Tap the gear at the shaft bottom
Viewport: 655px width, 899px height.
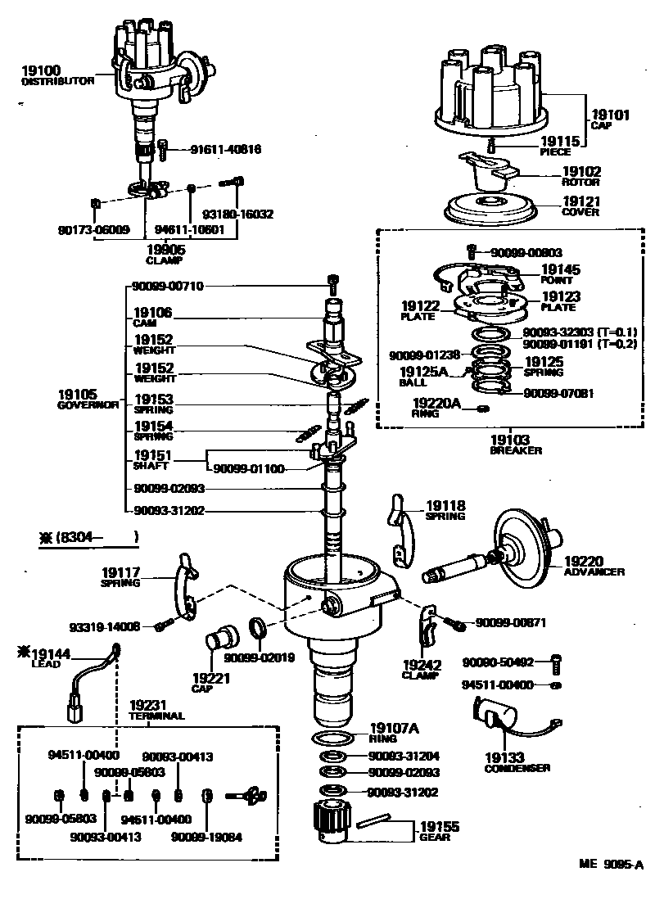[332, 821]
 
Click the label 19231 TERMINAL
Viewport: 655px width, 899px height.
[156, 709]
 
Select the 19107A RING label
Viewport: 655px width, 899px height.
[395, 732]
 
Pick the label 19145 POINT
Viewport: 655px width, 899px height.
[561, 273]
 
